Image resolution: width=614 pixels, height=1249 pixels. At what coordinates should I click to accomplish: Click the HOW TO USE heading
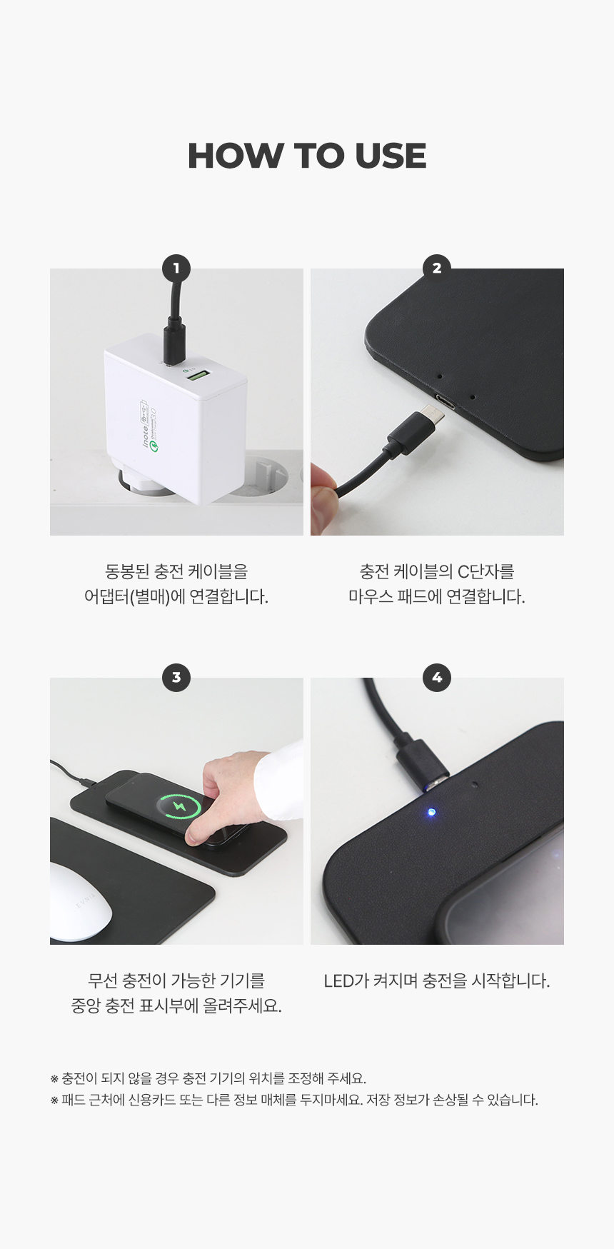pyautogui.click(x=307, y=156)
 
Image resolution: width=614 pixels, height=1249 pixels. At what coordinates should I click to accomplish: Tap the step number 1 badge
pyautogui.click(x=176, y=269)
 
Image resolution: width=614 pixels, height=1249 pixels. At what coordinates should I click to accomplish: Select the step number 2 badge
pyautogui.click(x=437, y=269)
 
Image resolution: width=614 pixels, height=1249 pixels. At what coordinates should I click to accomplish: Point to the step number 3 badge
pyautogui.click(x=176, y=678)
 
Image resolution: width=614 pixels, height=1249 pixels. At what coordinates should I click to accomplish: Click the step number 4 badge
pyautogui.click(x=437, y=678)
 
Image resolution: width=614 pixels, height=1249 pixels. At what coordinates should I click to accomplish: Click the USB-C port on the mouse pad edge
pyautogui.click(x=443, y=400)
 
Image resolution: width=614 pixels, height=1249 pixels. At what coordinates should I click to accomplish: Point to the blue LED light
pyautogui.click(x=431, y=812)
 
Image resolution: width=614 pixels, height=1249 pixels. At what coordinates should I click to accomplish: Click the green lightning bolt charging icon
pyautogui.click(x=179, y=807)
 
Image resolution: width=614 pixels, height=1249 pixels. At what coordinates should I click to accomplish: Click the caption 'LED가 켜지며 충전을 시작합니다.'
pyautogui.click(x=437, y=981)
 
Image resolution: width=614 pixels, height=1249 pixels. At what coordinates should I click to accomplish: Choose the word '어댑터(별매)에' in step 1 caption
pyautogui.click(x=135, y=597)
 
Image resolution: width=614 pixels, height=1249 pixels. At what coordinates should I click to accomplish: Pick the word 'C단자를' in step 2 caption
pyautogui.click(x=485, y=572)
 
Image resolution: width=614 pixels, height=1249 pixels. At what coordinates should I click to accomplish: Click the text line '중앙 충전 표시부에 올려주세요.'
pyautogui.click(x=176, y=1006)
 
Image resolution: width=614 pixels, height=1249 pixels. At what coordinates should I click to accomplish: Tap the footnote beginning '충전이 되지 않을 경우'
pyautogui.click(x=208, y=1078)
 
